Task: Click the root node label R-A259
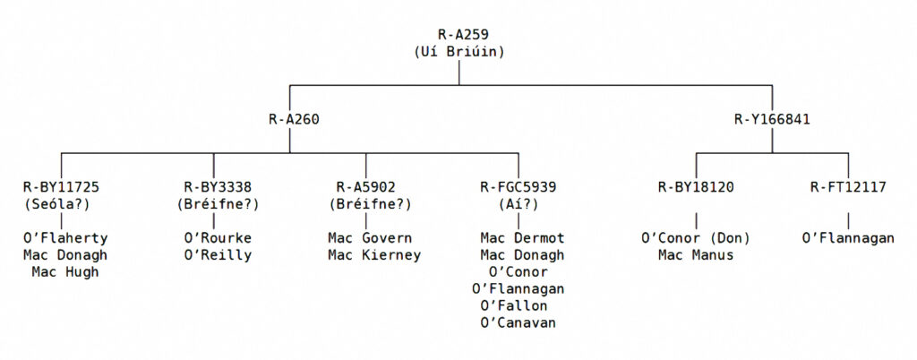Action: [x=459, y=35]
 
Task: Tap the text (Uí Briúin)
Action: [x=459, y=52]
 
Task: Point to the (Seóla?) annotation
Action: [x=61, y=203]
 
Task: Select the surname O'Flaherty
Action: [x=65, y=238]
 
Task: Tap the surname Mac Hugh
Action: [x=65, y=272]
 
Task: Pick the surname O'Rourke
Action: [x=218, y=238]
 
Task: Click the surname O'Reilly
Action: [x=218, y=255]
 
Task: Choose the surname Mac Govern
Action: [x=370, y=238]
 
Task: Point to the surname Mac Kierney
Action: [x=374, y=255]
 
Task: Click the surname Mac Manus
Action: [x=696, y=255]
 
